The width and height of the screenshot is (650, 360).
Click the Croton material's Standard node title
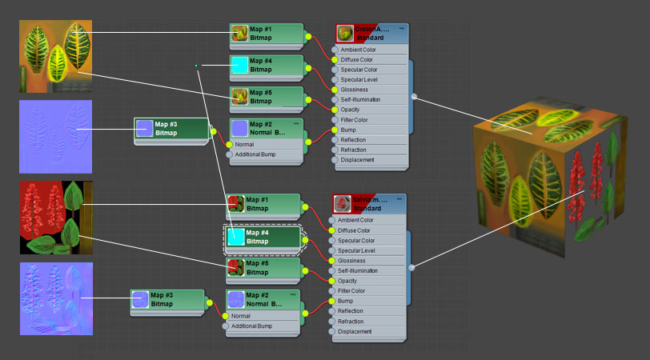371,33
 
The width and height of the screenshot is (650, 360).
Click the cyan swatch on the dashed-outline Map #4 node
236,236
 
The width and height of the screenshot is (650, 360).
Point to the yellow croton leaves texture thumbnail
55,56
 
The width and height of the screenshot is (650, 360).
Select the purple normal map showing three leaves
55,136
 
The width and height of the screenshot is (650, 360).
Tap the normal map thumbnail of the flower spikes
55,298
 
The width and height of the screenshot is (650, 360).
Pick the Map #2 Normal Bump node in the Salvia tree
263,300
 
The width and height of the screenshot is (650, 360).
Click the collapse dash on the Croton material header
401,28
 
